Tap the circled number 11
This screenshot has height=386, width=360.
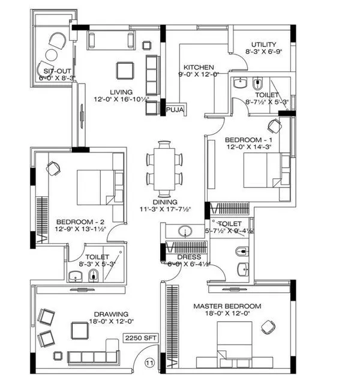pyautogui.click(x=149, y=363)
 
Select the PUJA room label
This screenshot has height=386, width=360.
pyautogui.click(x=175, y=110)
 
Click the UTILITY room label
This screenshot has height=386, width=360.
pyautogui.click(x=263, y=44)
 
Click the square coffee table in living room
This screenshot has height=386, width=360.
pyautogui.click(x=126, y=70)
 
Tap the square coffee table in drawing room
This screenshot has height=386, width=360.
pyautogui.click(x=80, y=330)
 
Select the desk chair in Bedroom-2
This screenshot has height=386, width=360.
pyautogui.click(x=53, y=169)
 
